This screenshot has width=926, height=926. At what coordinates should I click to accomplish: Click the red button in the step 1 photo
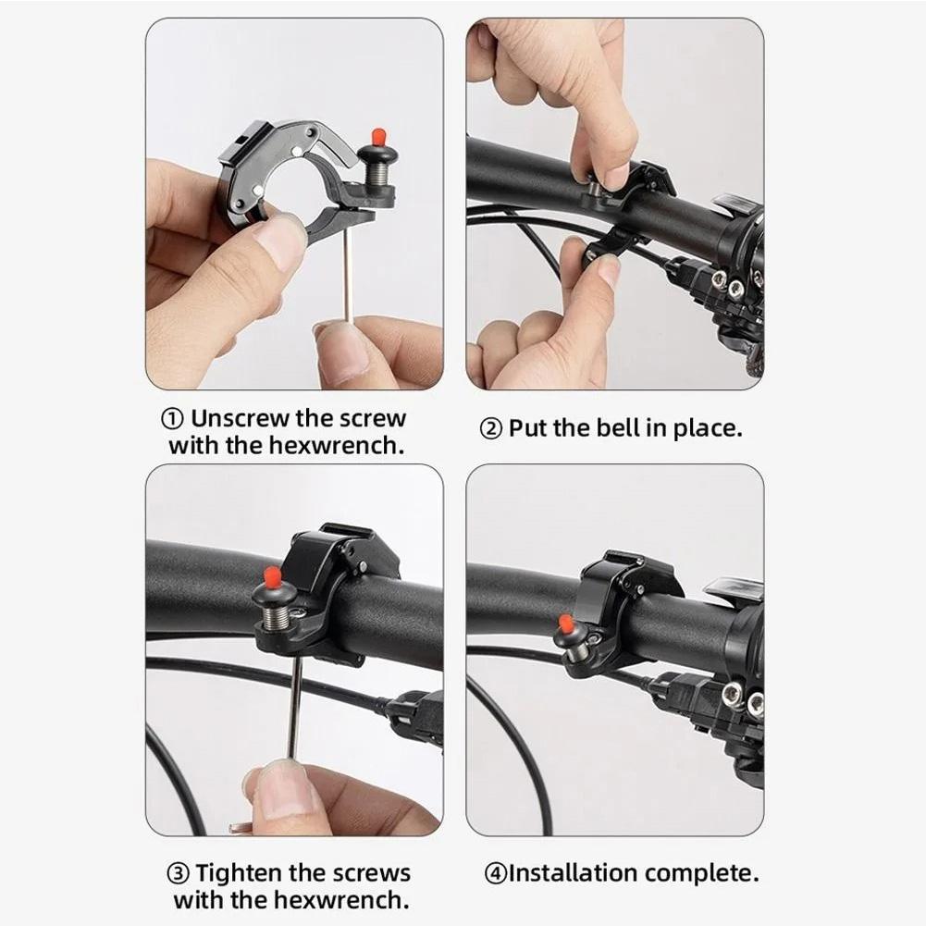coord(378,139)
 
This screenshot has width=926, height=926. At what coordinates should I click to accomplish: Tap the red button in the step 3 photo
coord(272,575)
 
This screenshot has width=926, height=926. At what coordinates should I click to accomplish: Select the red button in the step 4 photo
coord(566,624)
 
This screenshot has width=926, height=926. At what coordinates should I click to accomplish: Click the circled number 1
coord(172,419)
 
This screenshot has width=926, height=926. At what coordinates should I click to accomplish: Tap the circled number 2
coord(490,429)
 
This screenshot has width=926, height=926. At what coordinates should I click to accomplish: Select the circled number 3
coord(178,874)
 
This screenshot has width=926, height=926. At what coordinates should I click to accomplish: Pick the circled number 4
coord(496,873)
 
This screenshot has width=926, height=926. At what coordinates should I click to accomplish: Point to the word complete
coord(701,873)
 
